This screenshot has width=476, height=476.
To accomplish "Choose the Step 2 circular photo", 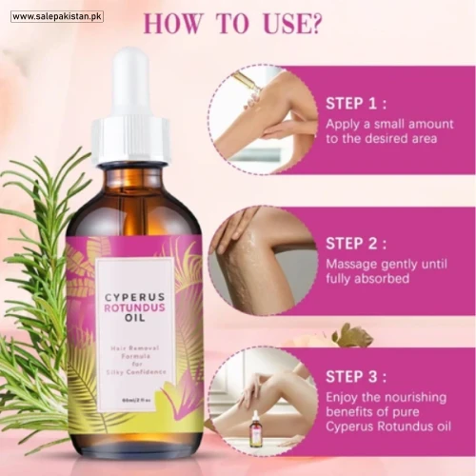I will pyautogui.click(x=260, y=260).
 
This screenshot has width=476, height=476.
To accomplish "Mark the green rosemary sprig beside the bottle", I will pyautogui.click(x=38, y=286).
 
